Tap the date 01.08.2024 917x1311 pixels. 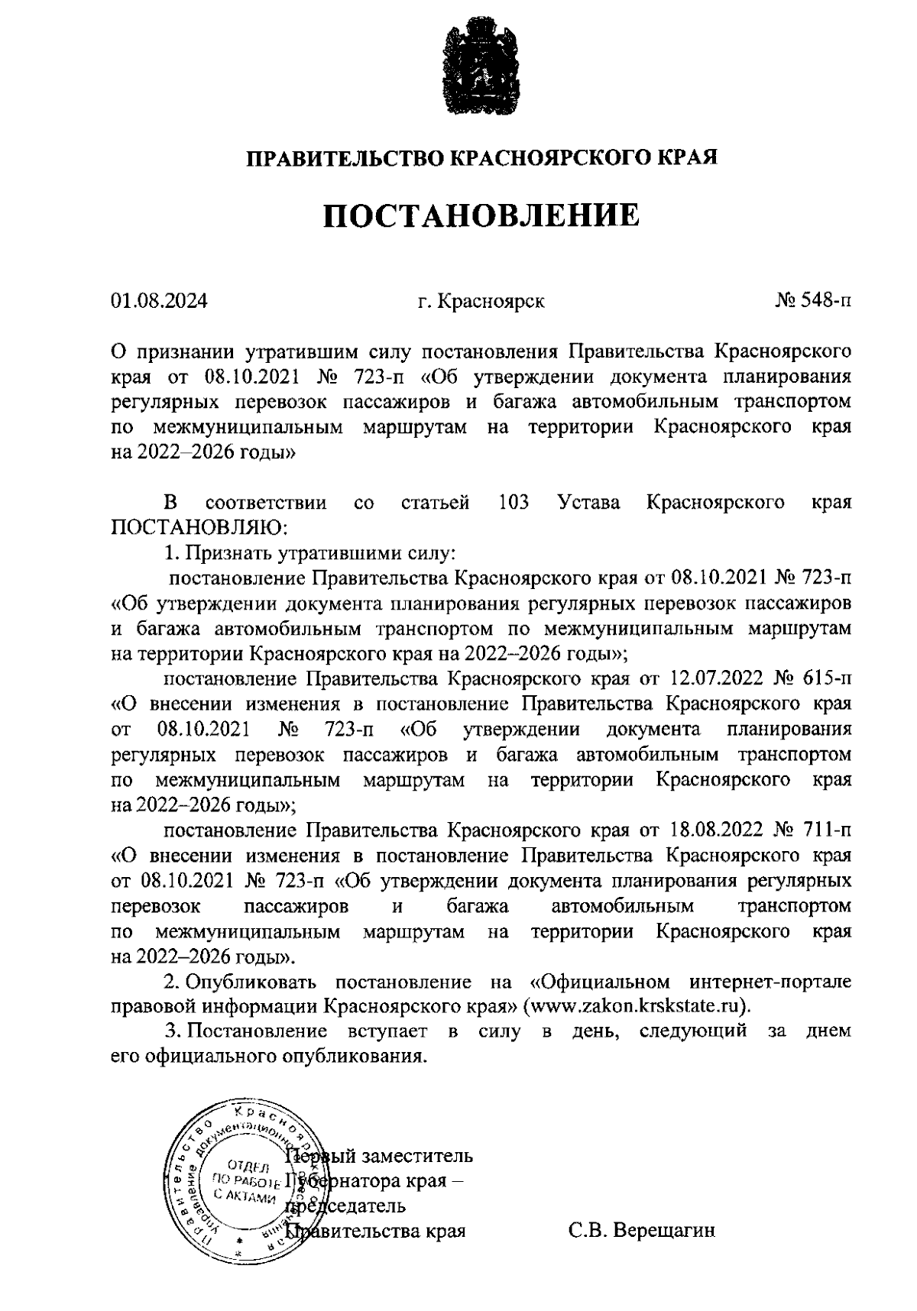tap(159, 301)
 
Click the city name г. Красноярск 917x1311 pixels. tap(481, 301)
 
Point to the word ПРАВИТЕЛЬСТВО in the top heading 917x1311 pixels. tap(344, 158)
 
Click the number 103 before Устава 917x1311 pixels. tap(513, 503)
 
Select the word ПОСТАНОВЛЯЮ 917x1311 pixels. tap(201, 528)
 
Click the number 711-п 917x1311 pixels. tap(828, 830)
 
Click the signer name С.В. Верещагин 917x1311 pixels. tap(641, 1232)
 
